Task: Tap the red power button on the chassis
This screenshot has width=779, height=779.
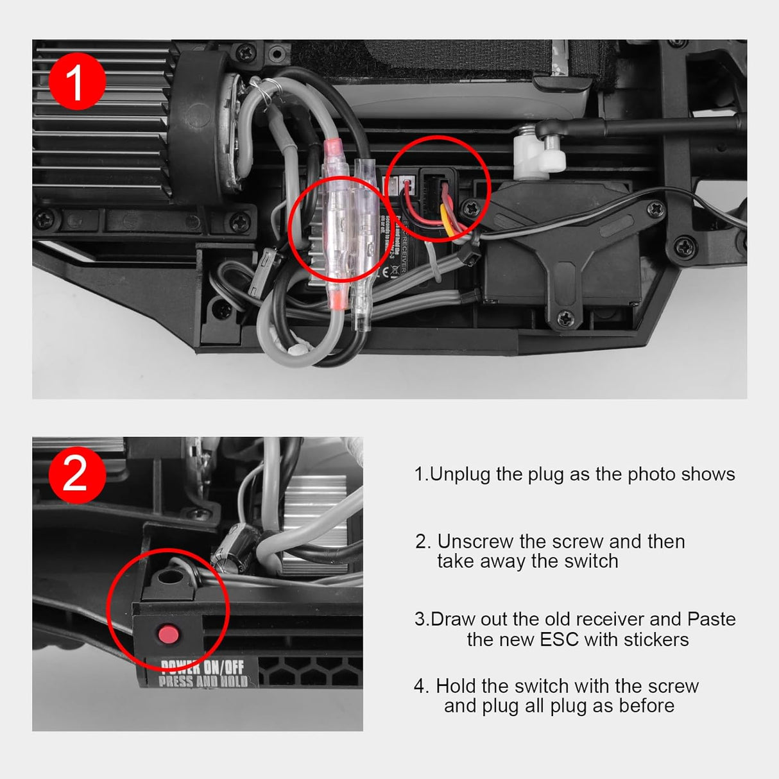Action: tap(168, 635)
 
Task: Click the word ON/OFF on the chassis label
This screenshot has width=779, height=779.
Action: tap(224, 667)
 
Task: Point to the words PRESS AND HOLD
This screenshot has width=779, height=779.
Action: tap(203, 681)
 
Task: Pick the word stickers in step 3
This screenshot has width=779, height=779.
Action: tap(656, 640)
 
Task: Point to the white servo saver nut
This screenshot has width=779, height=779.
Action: tap(538, 156)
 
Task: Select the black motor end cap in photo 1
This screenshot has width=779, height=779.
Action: tap(196, 128)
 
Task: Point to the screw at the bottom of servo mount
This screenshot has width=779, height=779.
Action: tap(565, 317)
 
